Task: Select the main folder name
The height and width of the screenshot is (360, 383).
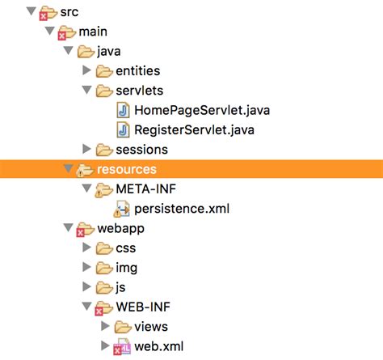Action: pyautogui.click(x=94, y=32)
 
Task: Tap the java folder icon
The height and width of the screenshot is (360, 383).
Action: pyautogui.click(x=86, y=51)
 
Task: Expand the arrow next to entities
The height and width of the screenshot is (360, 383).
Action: pyautogui.click(x=88, y=71)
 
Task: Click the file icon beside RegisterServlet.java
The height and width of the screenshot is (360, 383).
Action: pyautogui.click(x=123, y=129)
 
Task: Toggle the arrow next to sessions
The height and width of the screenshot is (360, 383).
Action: pyautogui.click(x=88, y=149)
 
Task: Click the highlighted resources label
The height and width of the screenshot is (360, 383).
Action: pyautogui.click(x=126, y=169)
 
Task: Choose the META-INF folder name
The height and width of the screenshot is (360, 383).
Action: pyautogui.click(x=148, y=188)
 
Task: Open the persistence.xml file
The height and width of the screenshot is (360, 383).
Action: pyautogui.click(x=182, y=208)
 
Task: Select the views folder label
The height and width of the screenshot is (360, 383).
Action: pyautogui.click(x=151, y=326)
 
